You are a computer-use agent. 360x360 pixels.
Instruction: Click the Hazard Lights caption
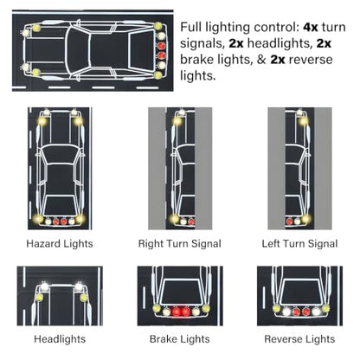pyautogui.click(x=60, y=244)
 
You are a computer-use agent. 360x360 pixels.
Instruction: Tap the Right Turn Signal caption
pyautogui.click(x=180, y=244)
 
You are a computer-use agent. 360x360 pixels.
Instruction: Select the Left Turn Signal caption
pyautogui.click(x=299, y=244)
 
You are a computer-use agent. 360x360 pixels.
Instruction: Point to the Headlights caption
pyautogui.click(x=60, y=339)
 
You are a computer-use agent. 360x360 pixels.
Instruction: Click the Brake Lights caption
pyautogui.click(x=180, y=339)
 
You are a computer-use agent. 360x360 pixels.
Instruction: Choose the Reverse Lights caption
pyautogui.click(x=299, y=339)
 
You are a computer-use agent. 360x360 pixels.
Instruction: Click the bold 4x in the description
pyautogui.click(x=311, y=28)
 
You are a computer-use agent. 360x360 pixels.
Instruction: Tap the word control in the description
pyautogui.click(x=275, y=28)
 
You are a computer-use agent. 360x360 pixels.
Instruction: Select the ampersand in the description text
pyautogui.click(x=261, y=60)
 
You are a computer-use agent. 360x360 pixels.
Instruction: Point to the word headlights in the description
pyautogui.click(x=278, y=44)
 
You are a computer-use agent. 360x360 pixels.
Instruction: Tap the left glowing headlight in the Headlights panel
pyautogui.click(x=44, y=286)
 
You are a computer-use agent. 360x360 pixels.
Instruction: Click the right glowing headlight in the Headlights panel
pyautogui.click(x=79, y=286)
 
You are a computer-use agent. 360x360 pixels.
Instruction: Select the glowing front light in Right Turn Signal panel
pyautogui.click(x=177, y=121)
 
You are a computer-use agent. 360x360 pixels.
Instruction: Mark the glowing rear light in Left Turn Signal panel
pyautogui.click(x=305, y=219)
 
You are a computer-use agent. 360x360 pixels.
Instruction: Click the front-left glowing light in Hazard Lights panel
pyautogui.click(x=42, y=121)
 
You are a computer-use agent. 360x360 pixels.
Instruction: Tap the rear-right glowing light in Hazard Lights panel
pyautogui.click(x=80, y=219)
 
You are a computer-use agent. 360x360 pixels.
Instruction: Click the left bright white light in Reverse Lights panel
pyautogui.click(x=286, y=312)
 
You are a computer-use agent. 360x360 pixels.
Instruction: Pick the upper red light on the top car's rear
pyautogui.click(x=162, y=46)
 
